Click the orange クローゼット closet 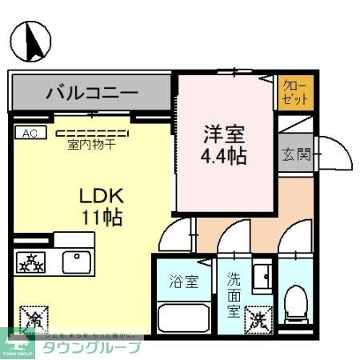coord(296,93)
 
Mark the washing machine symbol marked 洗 coord(258,320)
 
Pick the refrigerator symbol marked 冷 coord(34,319)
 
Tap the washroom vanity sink coord(262,277)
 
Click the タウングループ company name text coord(91,347)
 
